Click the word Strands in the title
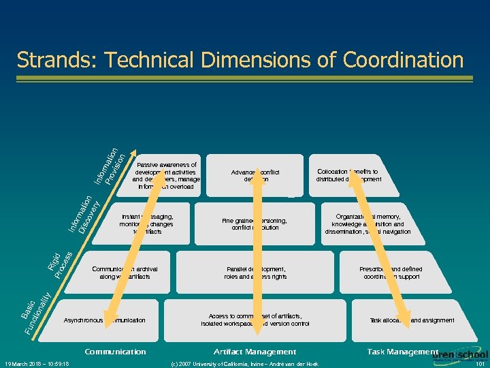point(55,60)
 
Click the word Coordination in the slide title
point(403,60)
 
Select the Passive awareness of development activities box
point(166,175)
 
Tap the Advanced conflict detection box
point(255,175)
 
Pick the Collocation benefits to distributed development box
point(348,175)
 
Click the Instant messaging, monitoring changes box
point(146,224)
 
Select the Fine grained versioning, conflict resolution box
point(255,224)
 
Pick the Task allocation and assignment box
point(412,320)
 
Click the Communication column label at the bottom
point(115,352)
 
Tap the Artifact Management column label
point(255,352)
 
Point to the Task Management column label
point(402,352)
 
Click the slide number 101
point(480,363)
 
